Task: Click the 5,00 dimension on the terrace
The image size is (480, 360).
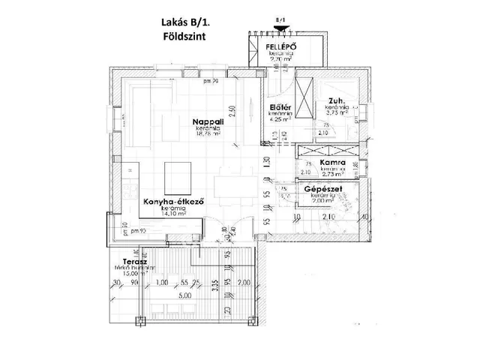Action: coord(185,295)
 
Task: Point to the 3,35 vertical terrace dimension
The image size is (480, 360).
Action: coord(214,285)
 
